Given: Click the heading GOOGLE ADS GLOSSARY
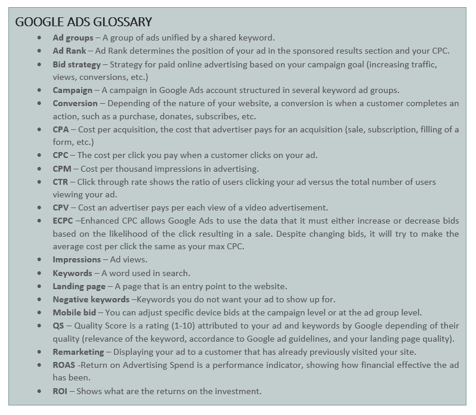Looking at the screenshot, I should (x=84, y=22).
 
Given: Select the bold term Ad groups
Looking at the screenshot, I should (x=73, y=38).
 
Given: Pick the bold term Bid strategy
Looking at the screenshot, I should (x=76, y=64).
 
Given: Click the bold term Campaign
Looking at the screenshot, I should (x=72, y=90).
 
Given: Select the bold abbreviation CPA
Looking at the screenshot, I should (x=60, y=129).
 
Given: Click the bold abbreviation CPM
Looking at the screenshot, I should (x=61, y=169).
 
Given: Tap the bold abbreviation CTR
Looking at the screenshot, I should (x=60, y=182).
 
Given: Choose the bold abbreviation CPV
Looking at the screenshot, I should (x=60, y=207).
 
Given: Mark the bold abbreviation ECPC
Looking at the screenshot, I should (x=63, y=221).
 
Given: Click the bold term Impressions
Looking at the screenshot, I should (x=76, y=259).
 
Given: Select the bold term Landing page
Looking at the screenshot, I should (x=79, y=286).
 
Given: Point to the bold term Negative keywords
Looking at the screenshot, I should (x=91, y=299).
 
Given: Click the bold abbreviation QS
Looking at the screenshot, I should (x=58, y=326).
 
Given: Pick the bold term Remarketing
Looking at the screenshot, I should (x=78, y=352).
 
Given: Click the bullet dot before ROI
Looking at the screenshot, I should (x=39, y=392).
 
